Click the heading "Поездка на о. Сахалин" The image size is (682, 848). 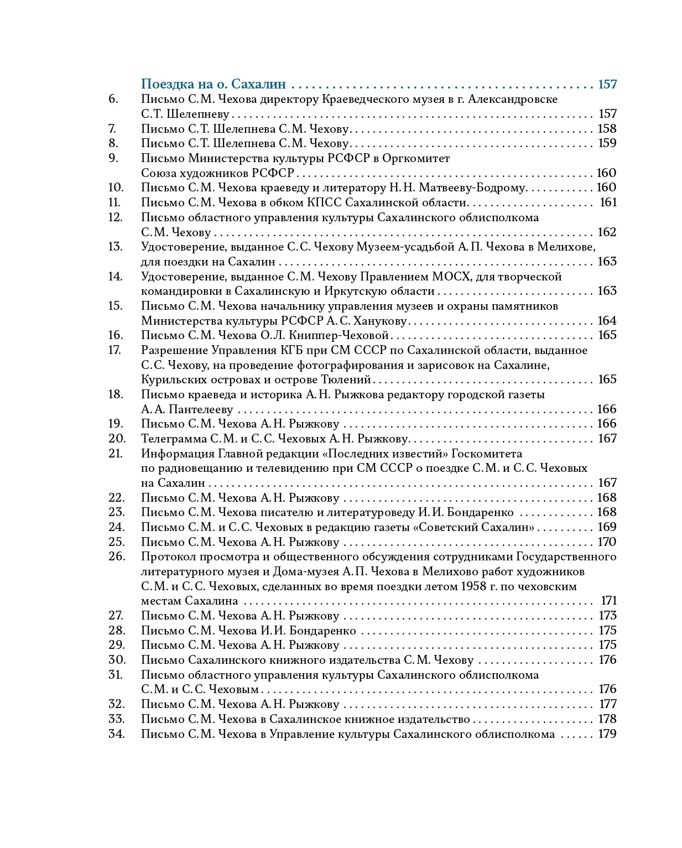(214, 84)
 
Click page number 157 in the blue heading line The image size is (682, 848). (607, 84)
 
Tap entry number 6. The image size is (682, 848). (113, 99)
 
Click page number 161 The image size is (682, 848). (608, 202)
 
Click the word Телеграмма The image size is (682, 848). (174, 439)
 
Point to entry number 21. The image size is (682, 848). (115, 454)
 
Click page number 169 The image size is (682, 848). (607, 527)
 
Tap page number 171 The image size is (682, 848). (608, 601)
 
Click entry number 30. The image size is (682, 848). (117, 660)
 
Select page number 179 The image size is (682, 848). (607, 734)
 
